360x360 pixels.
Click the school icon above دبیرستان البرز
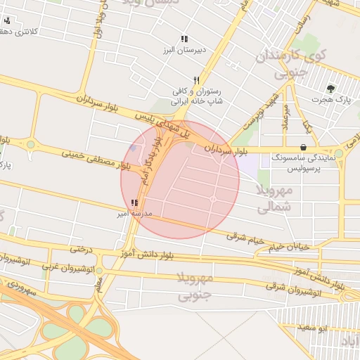click(x=184, y=39)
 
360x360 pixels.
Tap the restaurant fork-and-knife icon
click(x=197, y=80)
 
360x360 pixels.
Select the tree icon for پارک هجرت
click(x=330, y=89)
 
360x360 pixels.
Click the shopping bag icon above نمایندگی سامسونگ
click(x=302, y=147)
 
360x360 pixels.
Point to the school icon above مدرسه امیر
click(x=134, y=202)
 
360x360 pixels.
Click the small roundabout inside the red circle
click(x=212, y=200)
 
